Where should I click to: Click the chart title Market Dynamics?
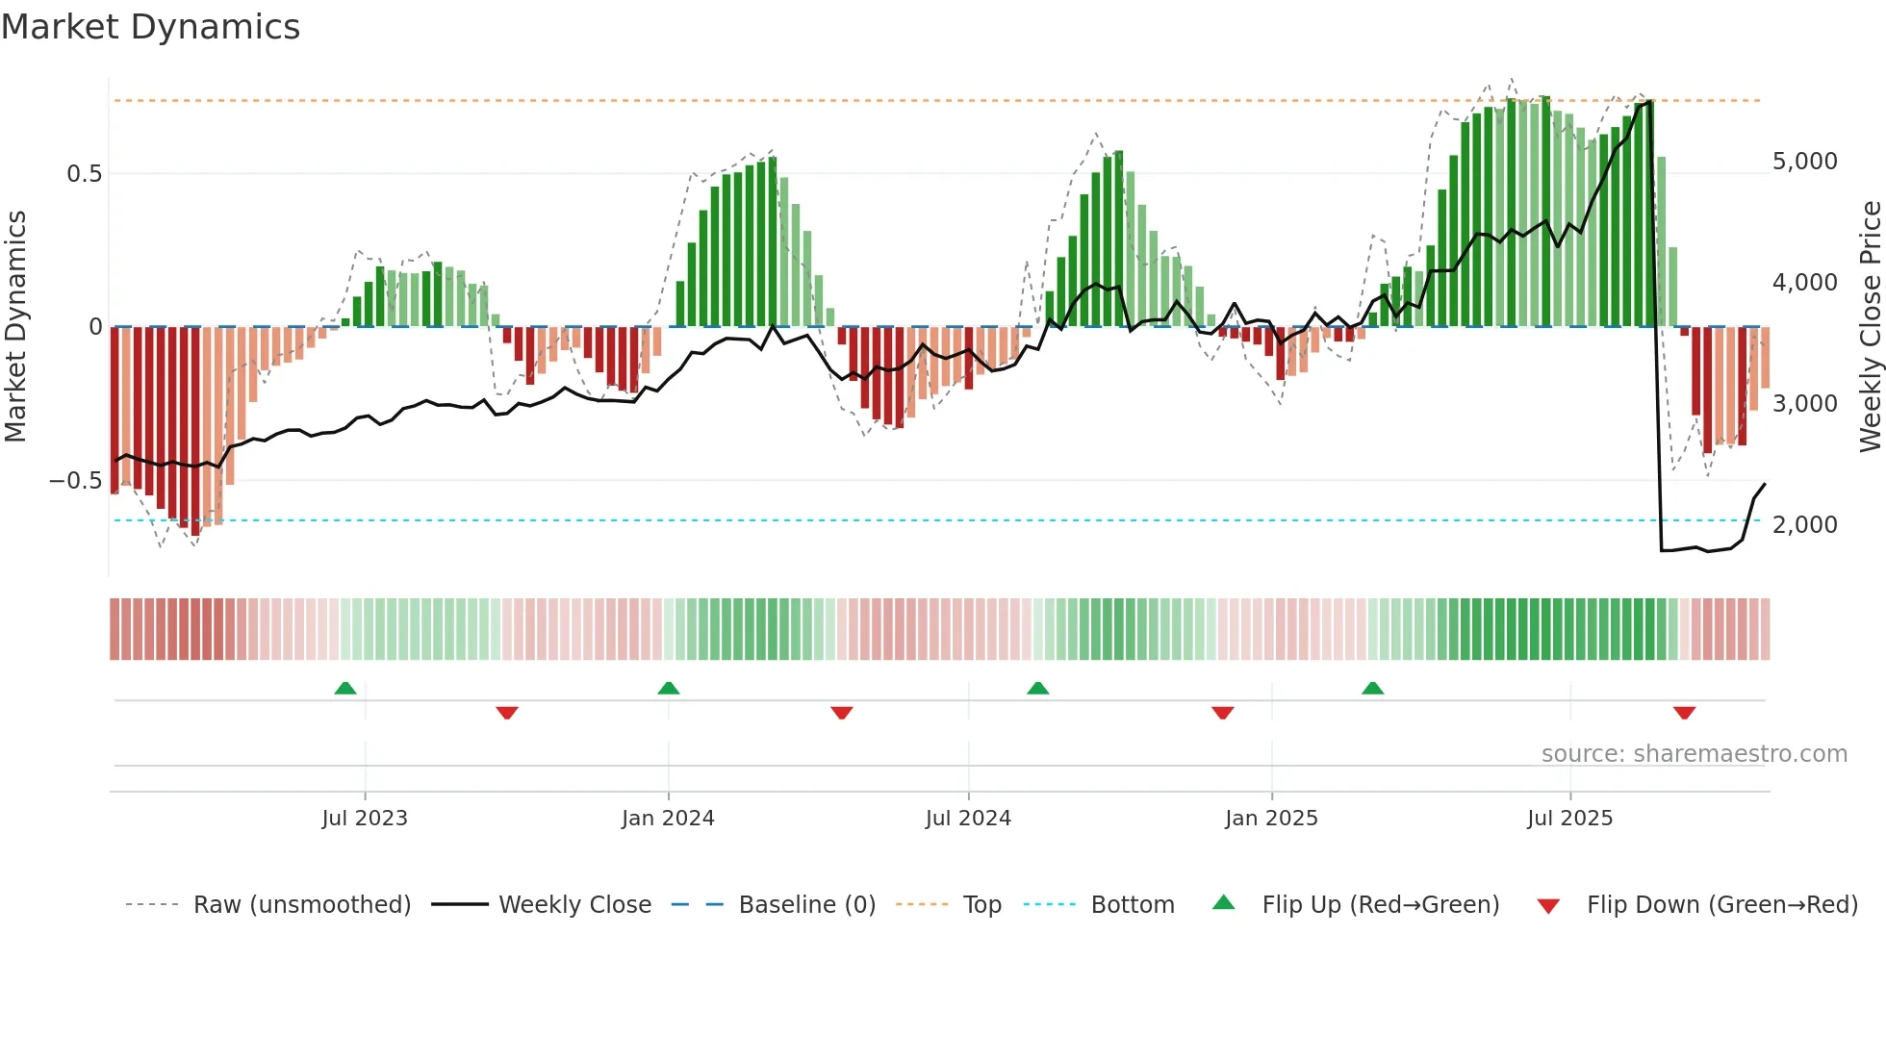point(151,27)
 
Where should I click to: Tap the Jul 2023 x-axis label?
point(365,819)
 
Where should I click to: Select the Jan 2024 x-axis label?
point(668,819)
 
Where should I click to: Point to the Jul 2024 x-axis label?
point(968,819)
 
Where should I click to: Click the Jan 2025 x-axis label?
point(1271,819)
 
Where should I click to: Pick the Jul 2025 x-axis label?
point(1569,819)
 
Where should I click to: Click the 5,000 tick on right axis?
point(1804,162)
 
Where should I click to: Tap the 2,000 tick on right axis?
point(1804,525)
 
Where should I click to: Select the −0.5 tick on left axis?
point(76,481)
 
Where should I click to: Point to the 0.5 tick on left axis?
point(84,174)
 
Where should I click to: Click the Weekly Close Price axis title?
point(1870,327)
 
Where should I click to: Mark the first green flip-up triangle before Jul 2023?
point(345,688)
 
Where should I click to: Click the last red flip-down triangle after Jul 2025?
point(1684,713)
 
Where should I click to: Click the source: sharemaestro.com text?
point(1694,754)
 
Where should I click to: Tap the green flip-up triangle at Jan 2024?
point(669,688)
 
